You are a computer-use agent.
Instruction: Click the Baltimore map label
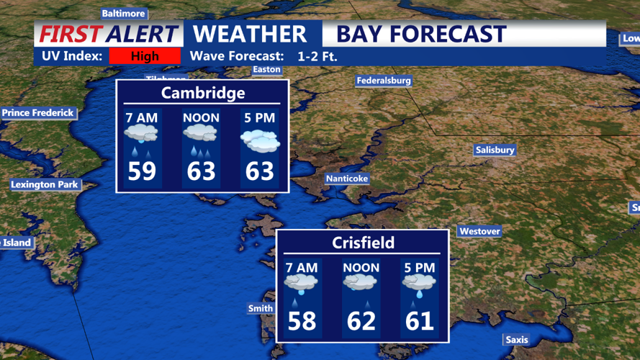click(124, 13)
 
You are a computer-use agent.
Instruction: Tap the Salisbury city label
click(495, 150)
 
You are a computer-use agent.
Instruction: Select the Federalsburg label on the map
click(384, 81)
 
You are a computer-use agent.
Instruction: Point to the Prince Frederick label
click(38, 112)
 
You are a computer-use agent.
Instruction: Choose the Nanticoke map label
click(347, 178)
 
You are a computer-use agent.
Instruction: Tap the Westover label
click(479, 231)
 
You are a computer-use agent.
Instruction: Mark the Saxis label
click(516, 339)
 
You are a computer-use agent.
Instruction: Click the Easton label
click(266, 70)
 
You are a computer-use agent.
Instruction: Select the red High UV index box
click(145, 56)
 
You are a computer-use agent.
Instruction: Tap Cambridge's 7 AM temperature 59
click(142, 171)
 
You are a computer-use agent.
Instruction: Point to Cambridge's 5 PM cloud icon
click(260, 140)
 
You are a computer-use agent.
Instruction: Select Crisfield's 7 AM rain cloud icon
click(301, 283)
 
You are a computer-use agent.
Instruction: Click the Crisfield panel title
click(363, 243)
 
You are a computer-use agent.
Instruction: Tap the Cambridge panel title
click(203, 93)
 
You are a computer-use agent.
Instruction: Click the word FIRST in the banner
click(71, 34)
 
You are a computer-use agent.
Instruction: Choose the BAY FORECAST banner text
click(421, 34)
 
